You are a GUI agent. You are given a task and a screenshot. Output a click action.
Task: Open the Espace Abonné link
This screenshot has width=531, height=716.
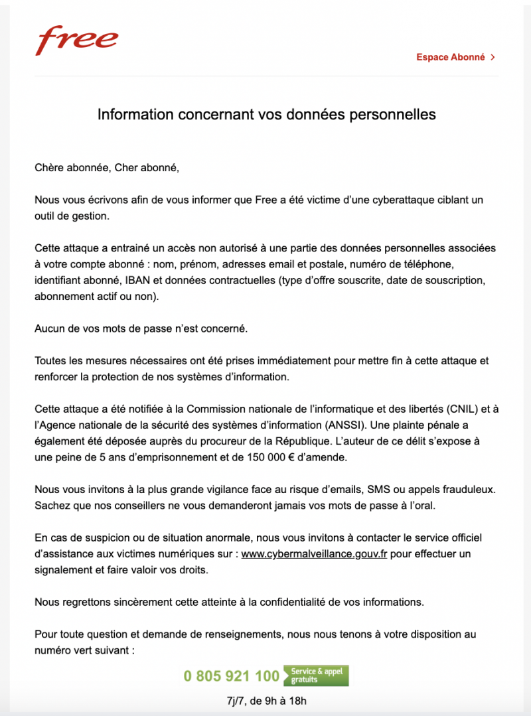(x=451, y=58)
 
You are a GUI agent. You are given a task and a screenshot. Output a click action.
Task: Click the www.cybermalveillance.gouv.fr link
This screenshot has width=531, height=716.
(x=314, y=553)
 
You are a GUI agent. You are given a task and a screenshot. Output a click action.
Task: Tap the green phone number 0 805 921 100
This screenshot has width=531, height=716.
(x=232, y=676)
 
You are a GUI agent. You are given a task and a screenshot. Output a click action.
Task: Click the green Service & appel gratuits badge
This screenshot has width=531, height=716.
(x=316, y=676)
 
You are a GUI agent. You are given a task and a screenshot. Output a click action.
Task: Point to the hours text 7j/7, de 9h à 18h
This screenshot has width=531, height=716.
(x=266, y=701)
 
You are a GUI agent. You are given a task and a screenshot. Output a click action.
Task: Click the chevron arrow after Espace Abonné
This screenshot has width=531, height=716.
(x=493, y=58)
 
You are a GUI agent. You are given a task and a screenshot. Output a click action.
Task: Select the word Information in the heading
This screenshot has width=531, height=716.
(x=134, y=114)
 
